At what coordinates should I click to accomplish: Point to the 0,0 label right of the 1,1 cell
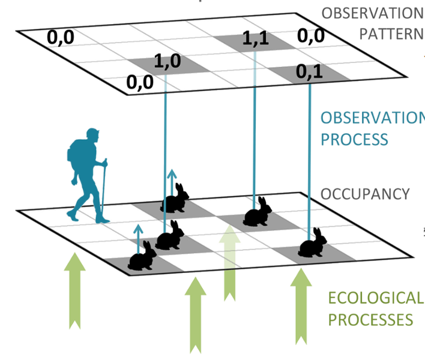click(x=312, y=37)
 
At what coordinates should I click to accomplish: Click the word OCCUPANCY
click(x=365, y=194)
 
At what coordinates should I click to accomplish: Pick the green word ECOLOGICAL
click(x=375, y=298)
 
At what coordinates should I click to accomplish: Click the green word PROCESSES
click(x=370, y=319)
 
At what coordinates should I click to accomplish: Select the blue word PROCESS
click(x=354, y=139)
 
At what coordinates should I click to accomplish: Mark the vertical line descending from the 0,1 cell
click(x=310, y=156)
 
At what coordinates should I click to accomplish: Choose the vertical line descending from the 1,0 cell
click(x=166, y=138)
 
